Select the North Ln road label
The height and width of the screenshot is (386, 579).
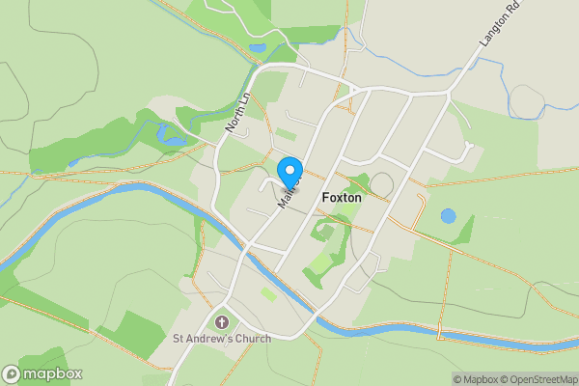236,113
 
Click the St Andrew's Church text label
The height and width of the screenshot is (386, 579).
222,338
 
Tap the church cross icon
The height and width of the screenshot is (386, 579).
222,322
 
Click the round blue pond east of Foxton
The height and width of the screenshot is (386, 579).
448,216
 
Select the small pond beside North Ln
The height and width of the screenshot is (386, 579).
258,46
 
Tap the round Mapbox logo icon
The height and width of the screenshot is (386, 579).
12,374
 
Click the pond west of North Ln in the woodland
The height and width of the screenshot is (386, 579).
175,141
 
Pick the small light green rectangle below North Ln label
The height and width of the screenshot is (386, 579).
285,134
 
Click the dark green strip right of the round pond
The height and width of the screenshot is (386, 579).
468,230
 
